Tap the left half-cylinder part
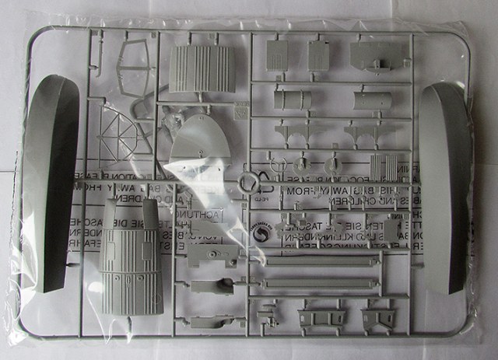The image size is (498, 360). [x=292, y=100]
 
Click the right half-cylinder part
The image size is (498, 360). [x=376, y=100]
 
